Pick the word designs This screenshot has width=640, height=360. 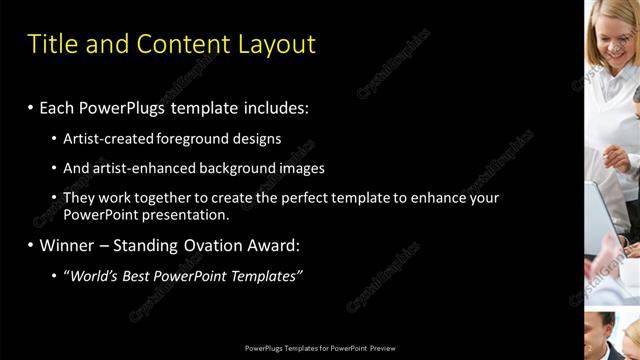(x=256, y=139)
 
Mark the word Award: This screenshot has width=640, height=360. (x=277, y=245)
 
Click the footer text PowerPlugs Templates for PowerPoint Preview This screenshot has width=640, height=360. (x=320, y=348)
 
